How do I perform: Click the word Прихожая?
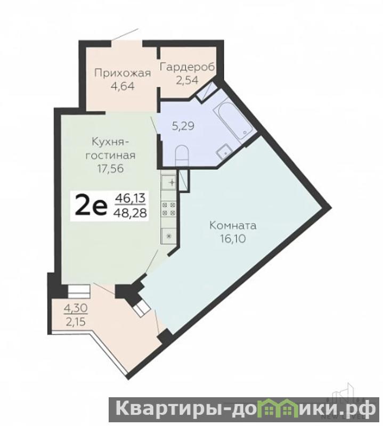123,73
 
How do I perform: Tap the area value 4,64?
123,86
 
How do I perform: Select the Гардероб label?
188,67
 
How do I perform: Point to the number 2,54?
187,80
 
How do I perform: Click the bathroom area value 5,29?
183,126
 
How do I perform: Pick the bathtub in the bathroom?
234,120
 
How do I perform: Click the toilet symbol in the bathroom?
182,155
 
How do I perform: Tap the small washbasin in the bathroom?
224,152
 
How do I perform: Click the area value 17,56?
111,168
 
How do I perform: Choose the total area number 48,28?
131,212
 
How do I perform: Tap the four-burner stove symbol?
169,208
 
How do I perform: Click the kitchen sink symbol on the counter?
169,182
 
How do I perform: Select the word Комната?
233,226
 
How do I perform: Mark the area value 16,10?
233,239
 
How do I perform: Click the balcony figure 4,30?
76,308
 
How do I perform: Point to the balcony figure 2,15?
76,322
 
